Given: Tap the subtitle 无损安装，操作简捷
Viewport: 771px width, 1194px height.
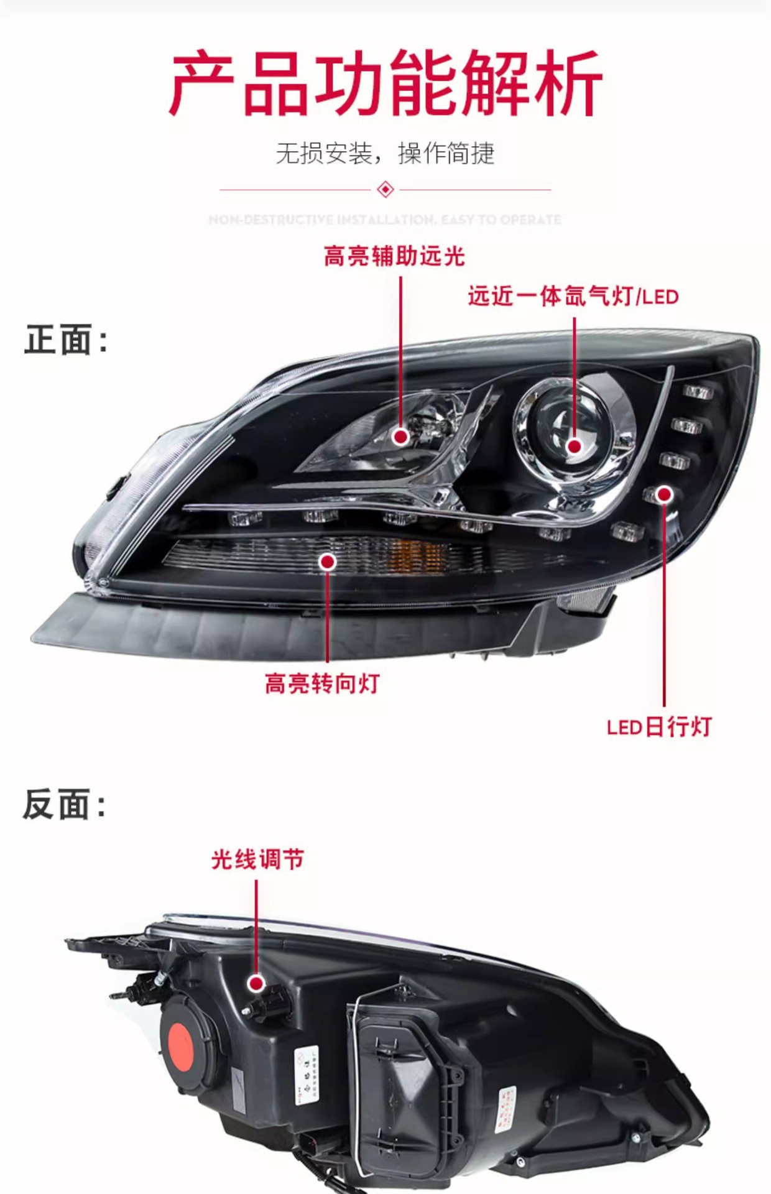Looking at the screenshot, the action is point(385,153).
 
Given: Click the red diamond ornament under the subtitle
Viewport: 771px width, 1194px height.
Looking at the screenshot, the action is point(386,189).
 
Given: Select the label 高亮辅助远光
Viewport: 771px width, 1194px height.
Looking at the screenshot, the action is point(394,256).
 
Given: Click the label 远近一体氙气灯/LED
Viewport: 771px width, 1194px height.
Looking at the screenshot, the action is point(573,297).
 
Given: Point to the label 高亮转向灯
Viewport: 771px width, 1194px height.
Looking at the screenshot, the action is point(322,683).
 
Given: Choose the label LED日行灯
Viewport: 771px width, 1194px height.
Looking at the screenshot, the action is point(659,726).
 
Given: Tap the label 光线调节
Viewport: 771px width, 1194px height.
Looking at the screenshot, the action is point(257,859).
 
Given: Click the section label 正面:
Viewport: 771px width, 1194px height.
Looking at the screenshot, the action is point(66,340).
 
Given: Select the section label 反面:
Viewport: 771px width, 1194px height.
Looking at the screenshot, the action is point(65,805).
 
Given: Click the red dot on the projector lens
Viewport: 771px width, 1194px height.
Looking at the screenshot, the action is point(575,446).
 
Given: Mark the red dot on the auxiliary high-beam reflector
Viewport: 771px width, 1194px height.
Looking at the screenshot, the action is point(401,437).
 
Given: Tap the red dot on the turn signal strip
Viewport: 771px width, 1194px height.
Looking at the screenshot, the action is point(328,562).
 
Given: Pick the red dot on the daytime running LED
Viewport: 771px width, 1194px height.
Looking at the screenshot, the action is point(665,494).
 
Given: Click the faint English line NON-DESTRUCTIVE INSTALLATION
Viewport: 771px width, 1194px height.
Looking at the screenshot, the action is point(385,220).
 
